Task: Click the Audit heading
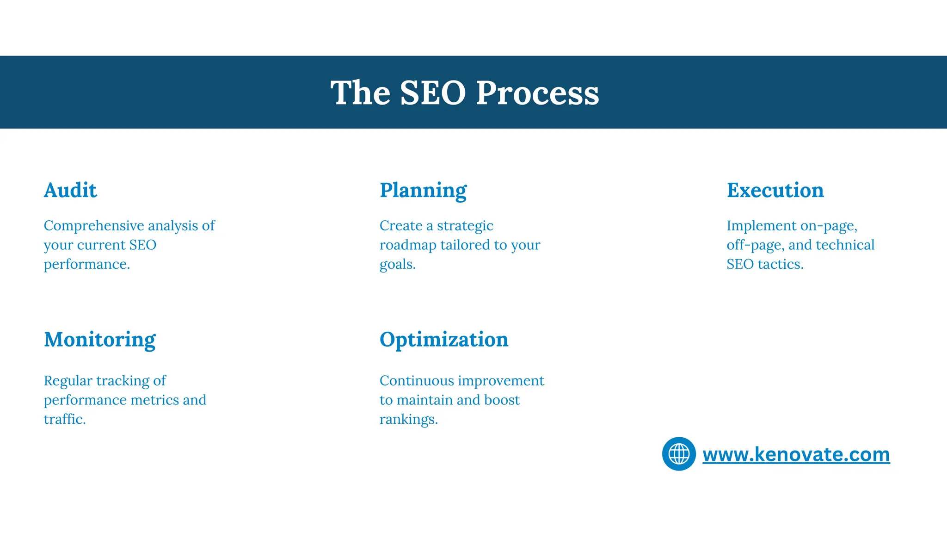click(x=70, y=190)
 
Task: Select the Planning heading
click(x=423, y=191)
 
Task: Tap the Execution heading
click(x=775, y=190)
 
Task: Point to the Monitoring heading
click(x=100, y=340)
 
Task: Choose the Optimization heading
click(x=444, y=340)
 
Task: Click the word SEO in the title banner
click(x=432, y=93)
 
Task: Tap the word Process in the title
click(x=537, y=93)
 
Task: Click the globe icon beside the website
click(x=679, y=453)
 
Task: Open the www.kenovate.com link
click(x=796, y=454)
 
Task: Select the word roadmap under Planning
click(x=407, y=245)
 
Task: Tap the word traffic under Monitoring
click(x=64, y=419)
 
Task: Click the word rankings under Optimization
click(x=408, y=419)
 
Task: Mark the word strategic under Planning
click(x=465, y=226)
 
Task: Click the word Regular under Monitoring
click(x=68, y=381)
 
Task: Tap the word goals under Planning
click(x=397, y=265)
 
